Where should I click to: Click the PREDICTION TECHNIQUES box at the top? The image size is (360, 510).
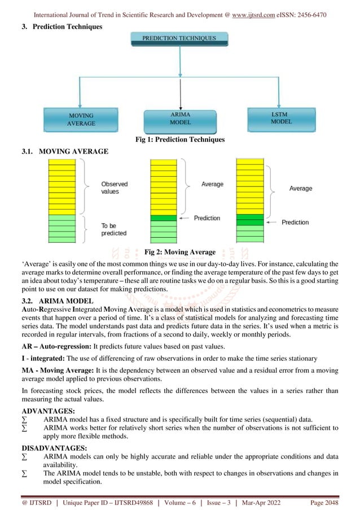click(179, 38)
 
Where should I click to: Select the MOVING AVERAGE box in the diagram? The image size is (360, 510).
click(81, 120)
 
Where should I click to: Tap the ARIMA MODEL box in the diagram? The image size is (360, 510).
click(180, 118)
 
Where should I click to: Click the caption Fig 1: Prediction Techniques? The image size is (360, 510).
click(180, 140)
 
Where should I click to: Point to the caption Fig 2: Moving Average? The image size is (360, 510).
click(180, 252)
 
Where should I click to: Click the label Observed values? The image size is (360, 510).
click(115, 188)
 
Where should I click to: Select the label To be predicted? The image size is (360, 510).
click(113, 229)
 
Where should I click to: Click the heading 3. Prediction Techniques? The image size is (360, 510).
click(62, 27)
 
